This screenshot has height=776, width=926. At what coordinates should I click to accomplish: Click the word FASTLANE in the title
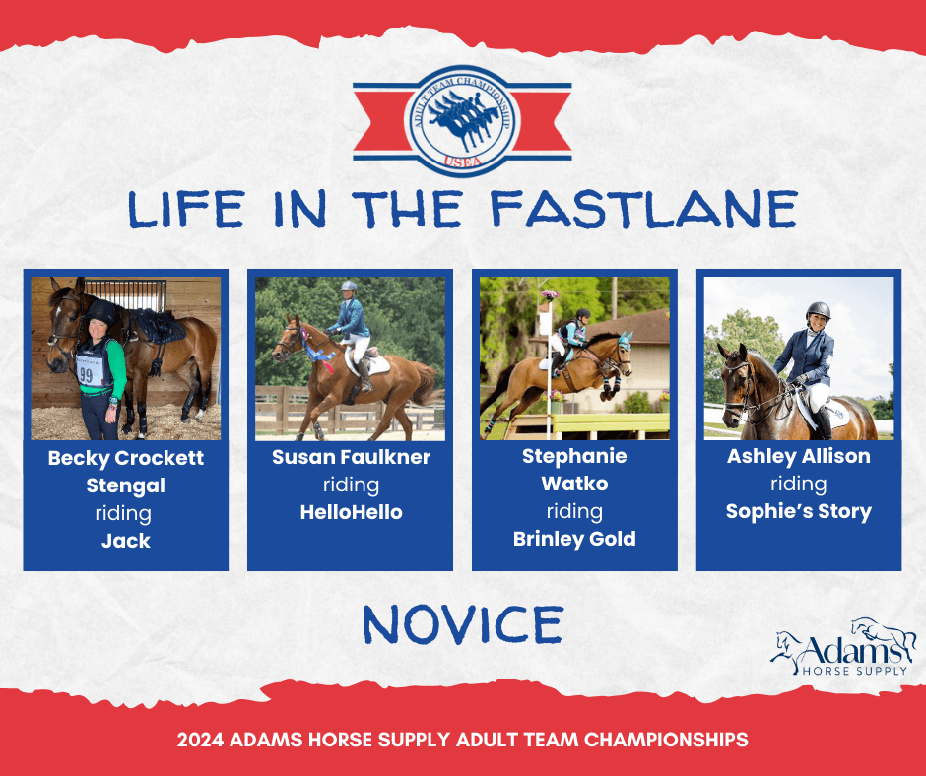coord(644,209)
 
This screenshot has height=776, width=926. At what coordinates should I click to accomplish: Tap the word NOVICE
coord(463,624)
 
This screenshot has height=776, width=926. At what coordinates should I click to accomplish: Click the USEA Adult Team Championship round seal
coord(462,120)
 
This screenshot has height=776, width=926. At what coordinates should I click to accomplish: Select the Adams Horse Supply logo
coord(843,647)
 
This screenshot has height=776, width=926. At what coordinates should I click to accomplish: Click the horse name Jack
coord(126,541)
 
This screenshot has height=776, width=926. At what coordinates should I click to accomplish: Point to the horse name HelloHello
coord(352,511)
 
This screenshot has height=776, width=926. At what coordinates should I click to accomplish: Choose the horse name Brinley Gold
coord(574,539)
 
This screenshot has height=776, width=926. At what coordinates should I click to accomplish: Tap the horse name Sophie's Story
coord(799,511)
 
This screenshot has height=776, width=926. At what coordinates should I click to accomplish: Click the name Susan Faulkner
coord(352,457)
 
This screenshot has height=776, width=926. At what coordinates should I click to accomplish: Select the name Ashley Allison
coord(799,456)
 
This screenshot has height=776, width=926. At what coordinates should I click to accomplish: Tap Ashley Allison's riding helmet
coord(818,310)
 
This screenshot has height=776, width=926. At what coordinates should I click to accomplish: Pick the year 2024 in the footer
coord(200,740)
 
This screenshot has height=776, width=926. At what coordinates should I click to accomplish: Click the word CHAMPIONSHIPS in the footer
coord(666,740)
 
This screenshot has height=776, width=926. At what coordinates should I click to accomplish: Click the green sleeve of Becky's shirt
coord(117,369)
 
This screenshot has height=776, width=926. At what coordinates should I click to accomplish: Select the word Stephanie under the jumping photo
coord(574,456)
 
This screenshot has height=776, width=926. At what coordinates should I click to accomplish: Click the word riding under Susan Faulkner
coord(352,485)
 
